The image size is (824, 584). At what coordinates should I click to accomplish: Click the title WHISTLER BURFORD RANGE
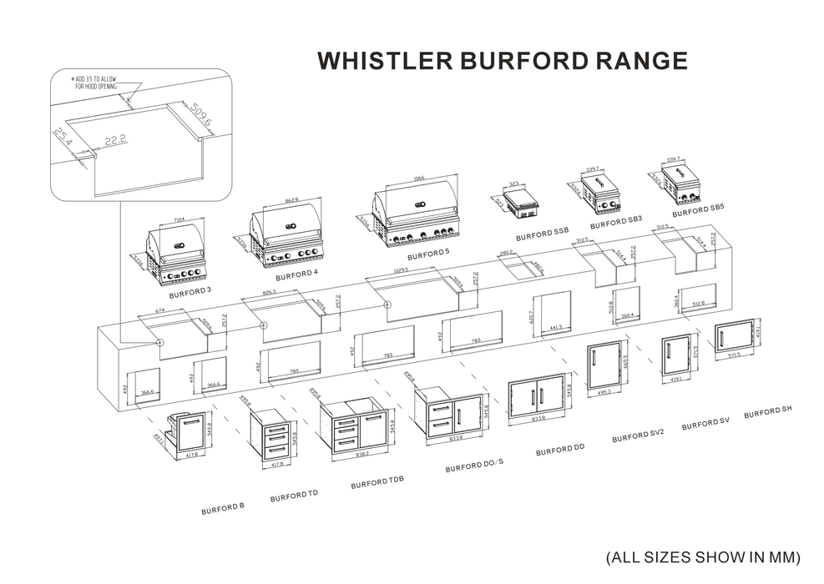[503, 61]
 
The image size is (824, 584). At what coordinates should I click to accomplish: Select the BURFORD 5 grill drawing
[417, 216]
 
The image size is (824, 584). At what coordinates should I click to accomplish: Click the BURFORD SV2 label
[638, 437]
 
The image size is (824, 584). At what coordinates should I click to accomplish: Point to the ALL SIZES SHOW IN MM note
[703, 556]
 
